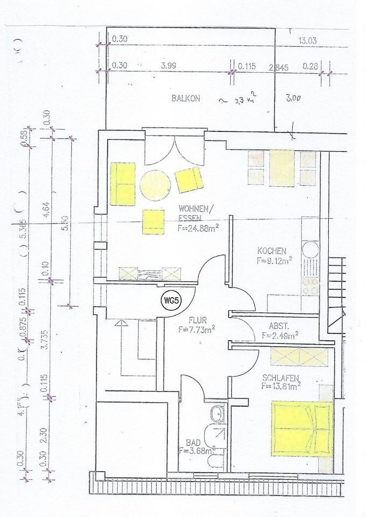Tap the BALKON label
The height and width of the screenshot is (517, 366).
pos(186,99)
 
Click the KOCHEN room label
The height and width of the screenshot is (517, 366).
pos(272,251)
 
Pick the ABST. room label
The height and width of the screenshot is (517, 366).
pos(279,326)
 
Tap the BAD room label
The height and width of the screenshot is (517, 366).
pos(193,442)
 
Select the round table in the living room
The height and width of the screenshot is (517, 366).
pos(155,185)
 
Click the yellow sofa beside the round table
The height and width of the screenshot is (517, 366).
pos(122,184)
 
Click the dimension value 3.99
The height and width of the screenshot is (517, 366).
pos(169,66)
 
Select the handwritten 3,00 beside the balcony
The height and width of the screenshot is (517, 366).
pos(293,99)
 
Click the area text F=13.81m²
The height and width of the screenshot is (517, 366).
pos(281,386)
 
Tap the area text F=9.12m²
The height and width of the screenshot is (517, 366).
pos(274,260)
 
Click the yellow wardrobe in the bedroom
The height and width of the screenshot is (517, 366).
pos(299,357)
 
